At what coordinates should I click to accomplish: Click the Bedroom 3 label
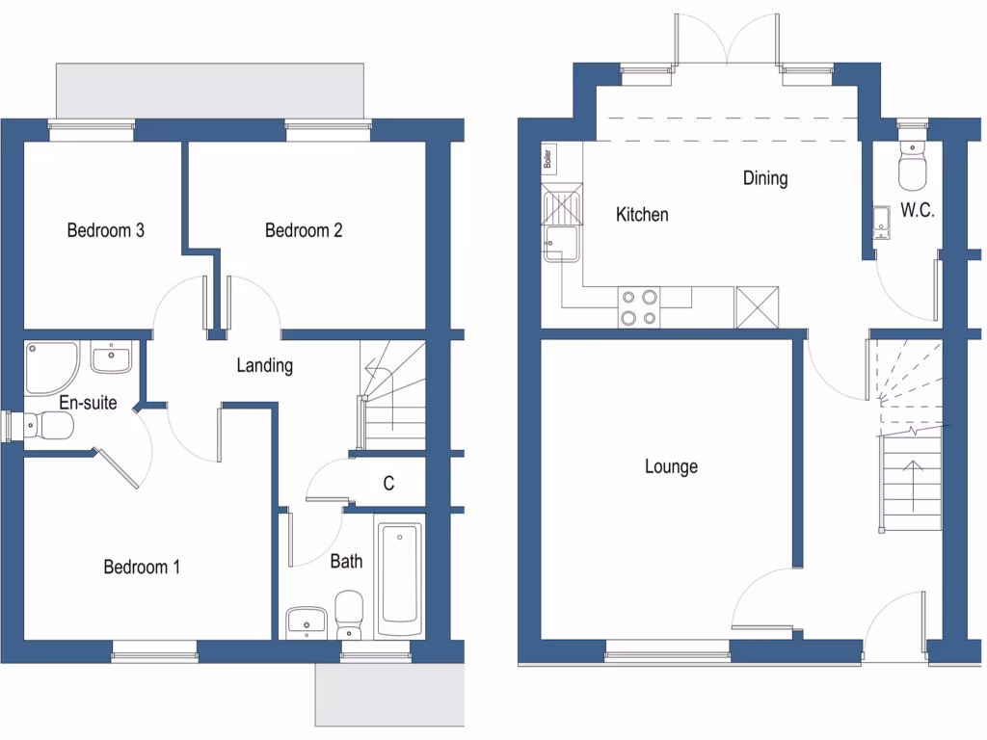click(x=105, y=230)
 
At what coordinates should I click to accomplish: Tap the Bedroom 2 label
click(x=304, y=230)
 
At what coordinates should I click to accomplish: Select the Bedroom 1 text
click(x=142, y=567)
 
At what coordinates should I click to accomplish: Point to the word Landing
click(x=265, y=365)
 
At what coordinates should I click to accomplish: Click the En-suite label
click(x=88, y=403)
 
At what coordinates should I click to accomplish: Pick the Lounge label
click(x=671, y=466)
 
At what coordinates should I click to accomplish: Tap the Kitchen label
click(x=642, y=214)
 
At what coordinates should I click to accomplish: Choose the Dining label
click(x=765, y=178)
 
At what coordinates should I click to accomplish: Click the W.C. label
click(x=917, y=210)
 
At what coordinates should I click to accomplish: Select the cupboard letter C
click(x=388, y=484)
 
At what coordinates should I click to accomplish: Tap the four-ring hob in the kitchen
click(x=639, y=307)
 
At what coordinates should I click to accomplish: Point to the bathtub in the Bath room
click(x=399, y=580)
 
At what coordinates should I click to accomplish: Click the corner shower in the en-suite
click(x=49, y=365)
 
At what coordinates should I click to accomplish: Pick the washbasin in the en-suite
click(x=111, y=357)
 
